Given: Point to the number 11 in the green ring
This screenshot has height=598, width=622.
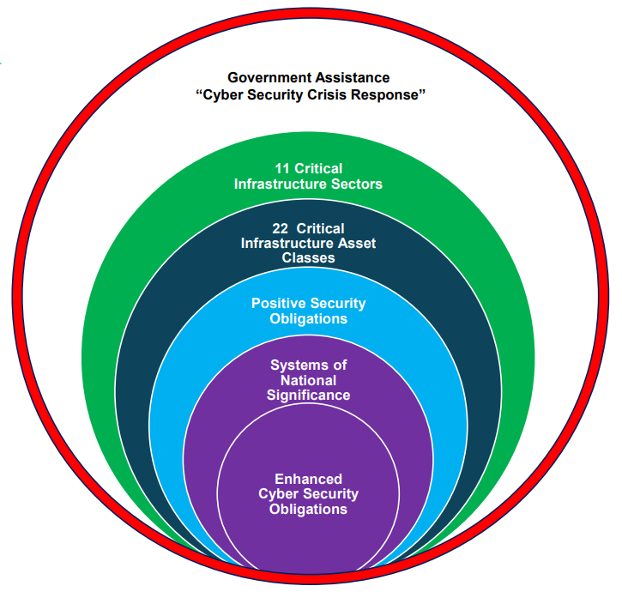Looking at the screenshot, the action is (282, 169).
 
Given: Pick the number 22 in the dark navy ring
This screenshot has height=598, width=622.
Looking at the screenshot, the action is (280, 228).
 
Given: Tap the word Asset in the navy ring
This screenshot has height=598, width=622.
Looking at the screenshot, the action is (357, 244).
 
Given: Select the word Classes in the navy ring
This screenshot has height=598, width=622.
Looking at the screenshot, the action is (308, 258).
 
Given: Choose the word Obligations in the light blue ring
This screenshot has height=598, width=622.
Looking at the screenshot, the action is (308, 318).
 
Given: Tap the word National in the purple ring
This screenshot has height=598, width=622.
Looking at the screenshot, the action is (308, 381).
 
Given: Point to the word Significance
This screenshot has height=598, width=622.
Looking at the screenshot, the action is (308, 396).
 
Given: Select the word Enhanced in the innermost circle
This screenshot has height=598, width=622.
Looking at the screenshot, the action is (308, 479).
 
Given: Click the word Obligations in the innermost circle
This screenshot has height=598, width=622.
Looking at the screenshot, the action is (308, 509).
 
